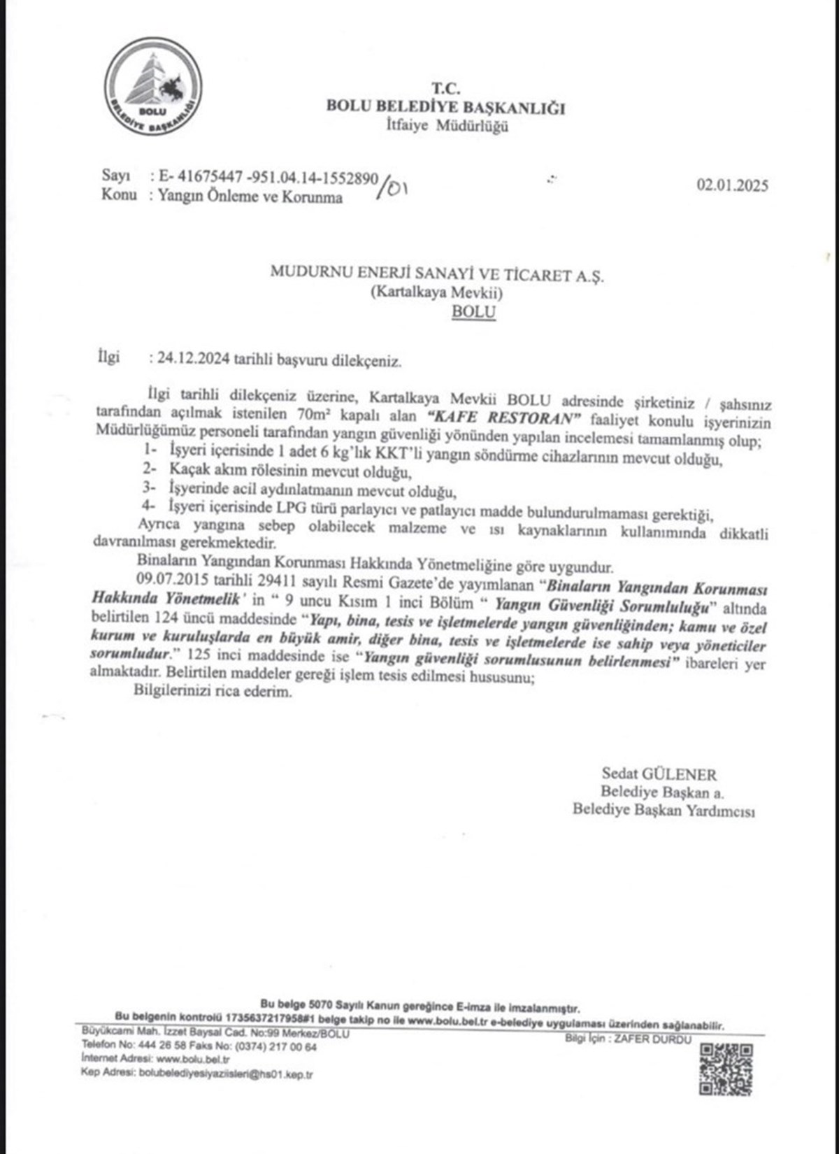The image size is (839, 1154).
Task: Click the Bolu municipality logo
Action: [x=153, y=87]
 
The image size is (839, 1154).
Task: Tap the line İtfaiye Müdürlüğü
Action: [x=447, y=126]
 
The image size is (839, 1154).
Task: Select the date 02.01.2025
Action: [x=731, y=185]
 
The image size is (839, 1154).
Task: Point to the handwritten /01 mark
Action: [x=392, y=187]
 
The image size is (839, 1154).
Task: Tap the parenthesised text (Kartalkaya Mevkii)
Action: [x=436, y=293]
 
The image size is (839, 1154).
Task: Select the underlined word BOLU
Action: [x=473, y=312]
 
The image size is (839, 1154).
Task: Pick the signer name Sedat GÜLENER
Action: [x=659, y=774]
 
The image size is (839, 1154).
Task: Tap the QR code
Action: [x=726, y=1069]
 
